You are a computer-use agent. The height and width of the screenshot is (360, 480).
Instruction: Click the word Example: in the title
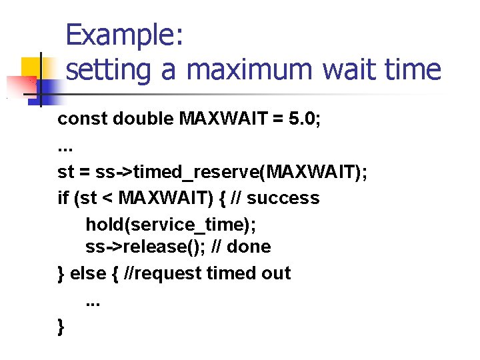pyautogui.click(x=124, y=35)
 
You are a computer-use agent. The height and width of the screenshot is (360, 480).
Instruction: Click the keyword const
pyautogui.click(x=83, y=119)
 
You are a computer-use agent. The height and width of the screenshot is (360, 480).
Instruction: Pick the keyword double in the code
pyautogui.click(x=144, y=119)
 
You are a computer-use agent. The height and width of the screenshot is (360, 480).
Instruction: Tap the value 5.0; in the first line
pyautogui.click(x=303, y=119)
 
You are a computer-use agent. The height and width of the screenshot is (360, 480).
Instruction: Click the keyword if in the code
pyautogui.click(x=64, y=198)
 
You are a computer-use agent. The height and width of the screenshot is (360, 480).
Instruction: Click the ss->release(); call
pyautogui.click(x=145, y=247)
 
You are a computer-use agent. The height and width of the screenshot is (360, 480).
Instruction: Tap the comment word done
pyautogui.click(x=249, y=247)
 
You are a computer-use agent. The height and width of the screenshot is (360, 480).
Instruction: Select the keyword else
pyautogui.click(x=87, y=273)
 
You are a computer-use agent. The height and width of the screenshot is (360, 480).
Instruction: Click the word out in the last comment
pyautogui.click(x=276, y=273)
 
